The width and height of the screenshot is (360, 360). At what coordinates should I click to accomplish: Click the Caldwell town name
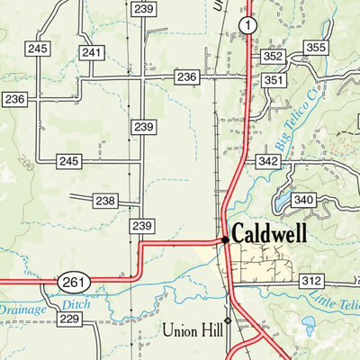point(269,234)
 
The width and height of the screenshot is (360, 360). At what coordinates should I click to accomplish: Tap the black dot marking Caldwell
point(224,239)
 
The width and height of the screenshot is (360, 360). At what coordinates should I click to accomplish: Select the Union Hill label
point(192,329)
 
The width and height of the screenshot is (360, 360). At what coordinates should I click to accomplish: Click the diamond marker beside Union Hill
point(228,320)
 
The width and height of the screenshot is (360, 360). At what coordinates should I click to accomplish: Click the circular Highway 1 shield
point(247,25)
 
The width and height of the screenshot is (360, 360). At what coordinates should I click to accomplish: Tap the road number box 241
point(91,53)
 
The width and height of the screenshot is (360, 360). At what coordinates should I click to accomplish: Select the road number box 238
point(105,201)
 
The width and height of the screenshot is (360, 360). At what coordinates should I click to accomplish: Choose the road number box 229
point(69,319)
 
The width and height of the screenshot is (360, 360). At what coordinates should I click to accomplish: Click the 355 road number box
point(315,48)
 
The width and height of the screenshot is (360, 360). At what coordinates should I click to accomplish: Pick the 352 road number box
point(274,57)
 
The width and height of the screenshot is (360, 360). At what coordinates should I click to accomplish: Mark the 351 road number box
point(274,80)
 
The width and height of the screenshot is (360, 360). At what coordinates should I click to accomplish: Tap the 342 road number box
point(267,161)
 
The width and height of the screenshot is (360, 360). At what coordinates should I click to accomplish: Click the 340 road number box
point(304,200)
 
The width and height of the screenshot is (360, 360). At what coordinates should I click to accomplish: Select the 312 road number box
point(311,282)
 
